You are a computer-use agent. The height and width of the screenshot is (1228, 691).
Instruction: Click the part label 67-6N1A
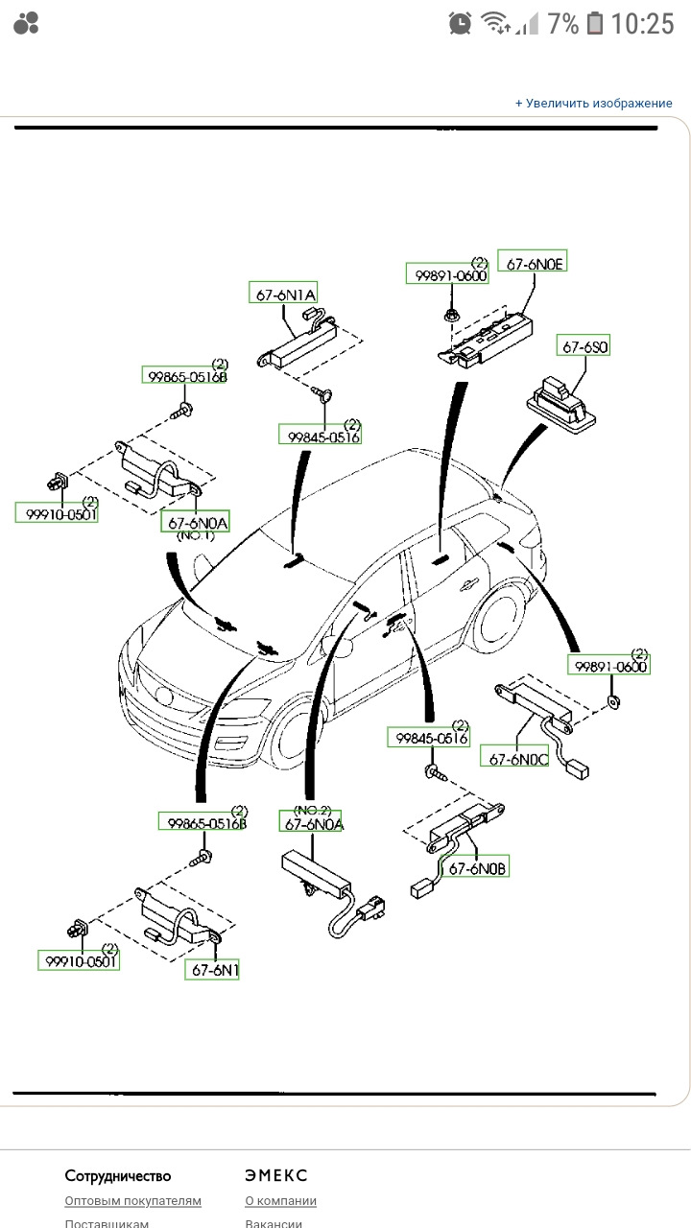pos(283,294)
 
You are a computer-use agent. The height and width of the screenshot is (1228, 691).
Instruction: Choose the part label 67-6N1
pos(212,970)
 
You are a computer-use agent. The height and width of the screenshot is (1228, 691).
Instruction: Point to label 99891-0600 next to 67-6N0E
pos(447,273)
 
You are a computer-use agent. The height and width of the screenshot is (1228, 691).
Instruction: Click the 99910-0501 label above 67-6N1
pos(79,960)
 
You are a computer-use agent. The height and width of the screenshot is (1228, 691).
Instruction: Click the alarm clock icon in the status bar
pos(460,24)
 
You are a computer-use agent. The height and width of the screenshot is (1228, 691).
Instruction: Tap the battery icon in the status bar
pos(594,24)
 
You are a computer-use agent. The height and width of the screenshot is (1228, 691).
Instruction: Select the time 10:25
pos(642,24)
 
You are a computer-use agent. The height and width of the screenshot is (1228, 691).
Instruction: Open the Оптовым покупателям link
pos(132,1200)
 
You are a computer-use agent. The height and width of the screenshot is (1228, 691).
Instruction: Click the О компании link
pos(281,1200)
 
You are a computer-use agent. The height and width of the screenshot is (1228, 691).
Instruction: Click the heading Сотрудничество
pos(118,1175)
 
